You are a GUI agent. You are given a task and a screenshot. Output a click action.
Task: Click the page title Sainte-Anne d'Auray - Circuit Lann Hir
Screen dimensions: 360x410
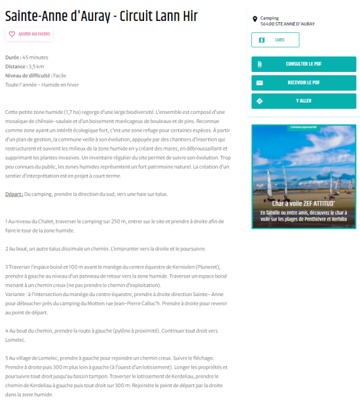pyautogui.click(x=101, y=16)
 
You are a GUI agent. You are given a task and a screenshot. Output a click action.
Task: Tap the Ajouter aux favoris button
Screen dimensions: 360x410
pyautogui.click(x=29, y=34)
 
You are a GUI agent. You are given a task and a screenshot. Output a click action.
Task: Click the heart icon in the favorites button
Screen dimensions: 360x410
pyautogui.click(x=12, y=34)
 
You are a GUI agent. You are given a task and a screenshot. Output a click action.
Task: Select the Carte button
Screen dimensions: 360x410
pyautogui.click(x=275, y=40)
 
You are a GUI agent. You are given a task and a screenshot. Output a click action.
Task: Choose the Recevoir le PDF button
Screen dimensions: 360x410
pyautogui.click(x=304, y=83)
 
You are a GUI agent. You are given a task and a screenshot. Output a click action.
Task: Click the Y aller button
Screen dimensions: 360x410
pyautogui.click(x=304, y=101)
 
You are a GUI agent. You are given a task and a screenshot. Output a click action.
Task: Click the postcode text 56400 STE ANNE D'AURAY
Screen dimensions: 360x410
pyautogui.click(x=287, y=24)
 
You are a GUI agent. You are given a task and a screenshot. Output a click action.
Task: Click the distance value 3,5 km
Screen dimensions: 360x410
pyautogui.click(x=37, y=67)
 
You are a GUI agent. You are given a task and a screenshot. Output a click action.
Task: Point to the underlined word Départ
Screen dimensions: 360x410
pyautogui.click(x=14, y=194)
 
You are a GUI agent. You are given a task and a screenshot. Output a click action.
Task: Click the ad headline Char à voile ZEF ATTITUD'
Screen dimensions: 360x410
pyautogui.click(x=304, y=204)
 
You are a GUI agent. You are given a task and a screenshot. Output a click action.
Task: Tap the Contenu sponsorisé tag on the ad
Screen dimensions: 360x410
pyautogui.click(x=304, y=127)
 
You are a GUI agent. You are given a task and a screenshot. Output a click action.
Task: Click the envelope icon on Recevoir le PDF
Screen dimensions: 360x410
pyautogui.click(x=259, y=83)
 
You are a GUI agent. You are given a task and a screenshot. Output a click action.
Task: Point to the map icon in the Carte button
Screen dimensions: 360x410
pyautogui.click(x=262, y=40)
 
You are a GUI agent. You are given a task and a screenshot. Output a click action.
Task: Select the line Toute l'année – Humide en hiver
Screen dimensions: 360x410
pyautogui.click(x=42, y=85)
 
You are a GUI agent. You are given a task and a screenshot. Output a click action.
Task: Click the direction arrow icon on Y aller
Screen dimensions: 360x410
pyautogui.click(x=259, y=101)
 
